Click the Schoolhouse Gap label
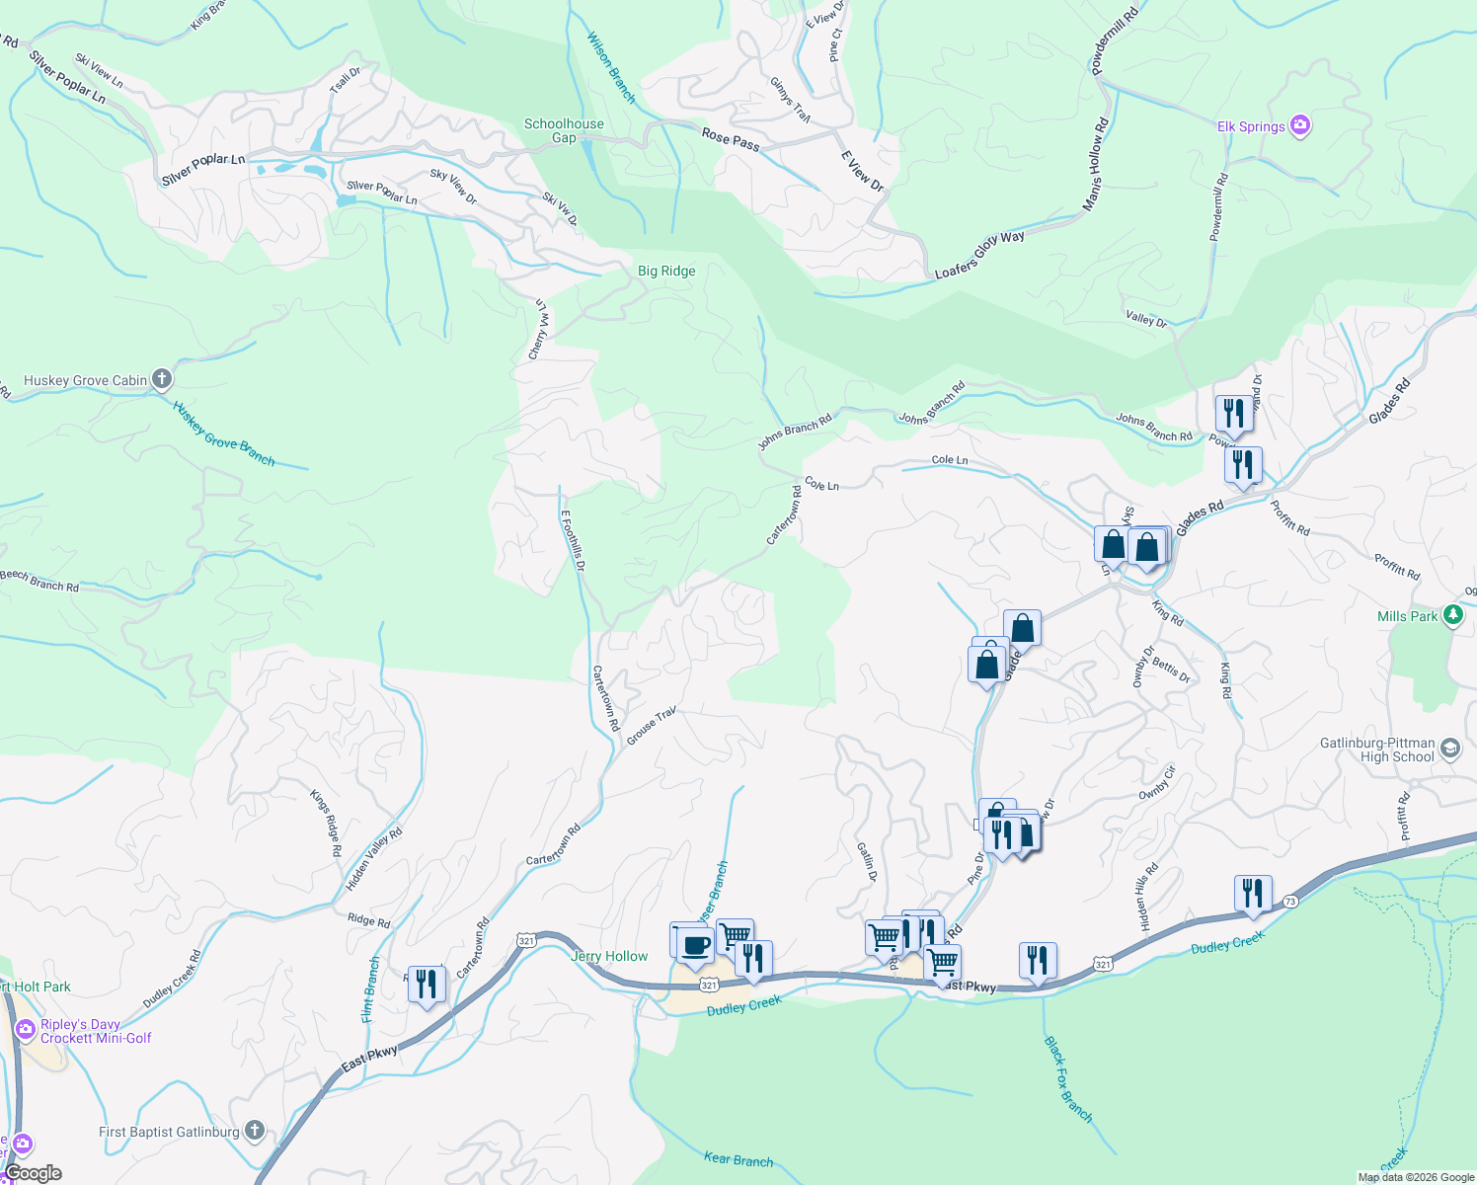pos(564,130)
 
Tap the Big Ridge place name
pos(666,271)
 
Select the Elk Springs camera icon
pos(1300,125)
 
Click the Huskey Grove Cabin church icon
pos(162,379)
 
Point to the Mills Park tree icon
pos(1451,615)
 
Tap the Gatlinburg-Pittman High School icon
pos(1449,748)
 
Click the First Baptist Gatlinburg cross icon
pos(255,1131)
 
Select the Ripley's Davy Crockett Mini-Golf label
pos(95,1031)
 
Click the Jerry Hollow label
pos(609,956)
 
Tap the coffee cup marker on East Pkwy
pos(694,945)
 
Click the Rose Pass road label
pos(731,140)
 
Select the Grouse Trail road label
pos(652,725)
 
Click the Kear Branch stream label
pos(738,1159)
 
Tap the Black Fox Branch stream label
pos(1068,1079)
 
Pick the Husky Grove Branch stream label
pos(224,434)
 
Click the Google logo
pos(33,1173)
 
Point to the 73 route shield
pos(1291,902)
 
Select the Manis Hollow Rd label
pos(1096,164)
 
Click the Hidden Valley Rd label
pos(374,858)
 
